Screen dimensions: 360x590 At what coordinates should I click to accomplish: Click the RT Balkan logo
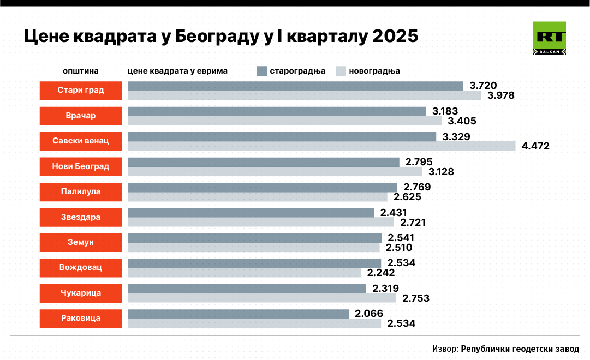point(549,38)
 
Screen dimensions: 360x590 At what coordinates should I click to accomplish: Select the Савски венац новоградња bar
point(321,146)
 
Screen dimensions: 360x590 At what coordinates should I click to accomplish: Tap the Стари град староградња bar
point(295,86)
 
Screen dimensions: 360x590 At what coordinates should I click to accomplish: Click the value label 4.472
point(535,146)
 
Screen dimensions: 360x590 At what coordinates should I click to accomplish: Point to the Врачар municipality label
point(81,116)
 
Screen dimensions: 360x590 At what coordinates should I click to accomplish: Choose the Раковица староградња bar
point(238,314)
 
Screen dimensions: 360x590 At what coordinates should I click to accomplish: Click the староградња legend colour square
point(261,71)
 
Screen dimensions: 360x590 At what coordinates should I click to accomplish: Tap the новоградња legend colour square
point(341,71)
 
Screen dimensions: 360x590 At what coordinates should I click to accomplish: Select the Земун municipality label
point(81,243)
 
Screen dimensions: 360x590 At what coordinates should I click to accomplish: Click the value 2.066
point(369,314)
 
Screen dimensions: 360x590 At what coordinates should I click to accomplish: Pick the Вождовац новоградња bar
point(244,273)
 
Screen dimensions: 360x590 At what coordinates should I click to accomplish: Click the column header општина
point(80,71)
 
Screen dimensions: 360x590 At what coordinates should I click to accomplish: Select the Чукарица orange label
point(81,293)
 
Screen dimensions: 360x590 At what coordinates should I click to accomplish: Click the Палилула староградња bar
point(262,187)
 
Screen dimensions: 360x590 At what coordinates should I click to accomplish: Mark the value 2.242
point(381,273)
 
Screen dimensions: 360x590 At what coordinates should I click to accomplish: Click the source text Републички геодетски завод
point(520,349)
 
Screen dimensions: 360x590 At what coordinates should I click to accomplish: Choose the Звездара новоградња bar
point(260,222)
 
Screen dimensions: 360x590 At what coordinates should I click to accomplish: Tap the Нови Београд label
point(81,166)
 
